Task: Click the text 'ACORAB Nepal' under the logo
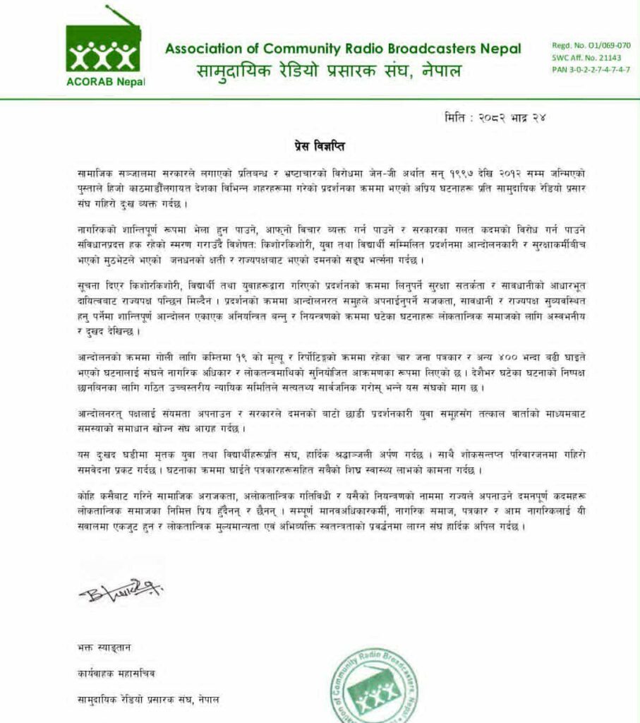(105, 81)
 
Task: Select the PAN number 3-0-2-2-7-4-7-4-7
(591, 70)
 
